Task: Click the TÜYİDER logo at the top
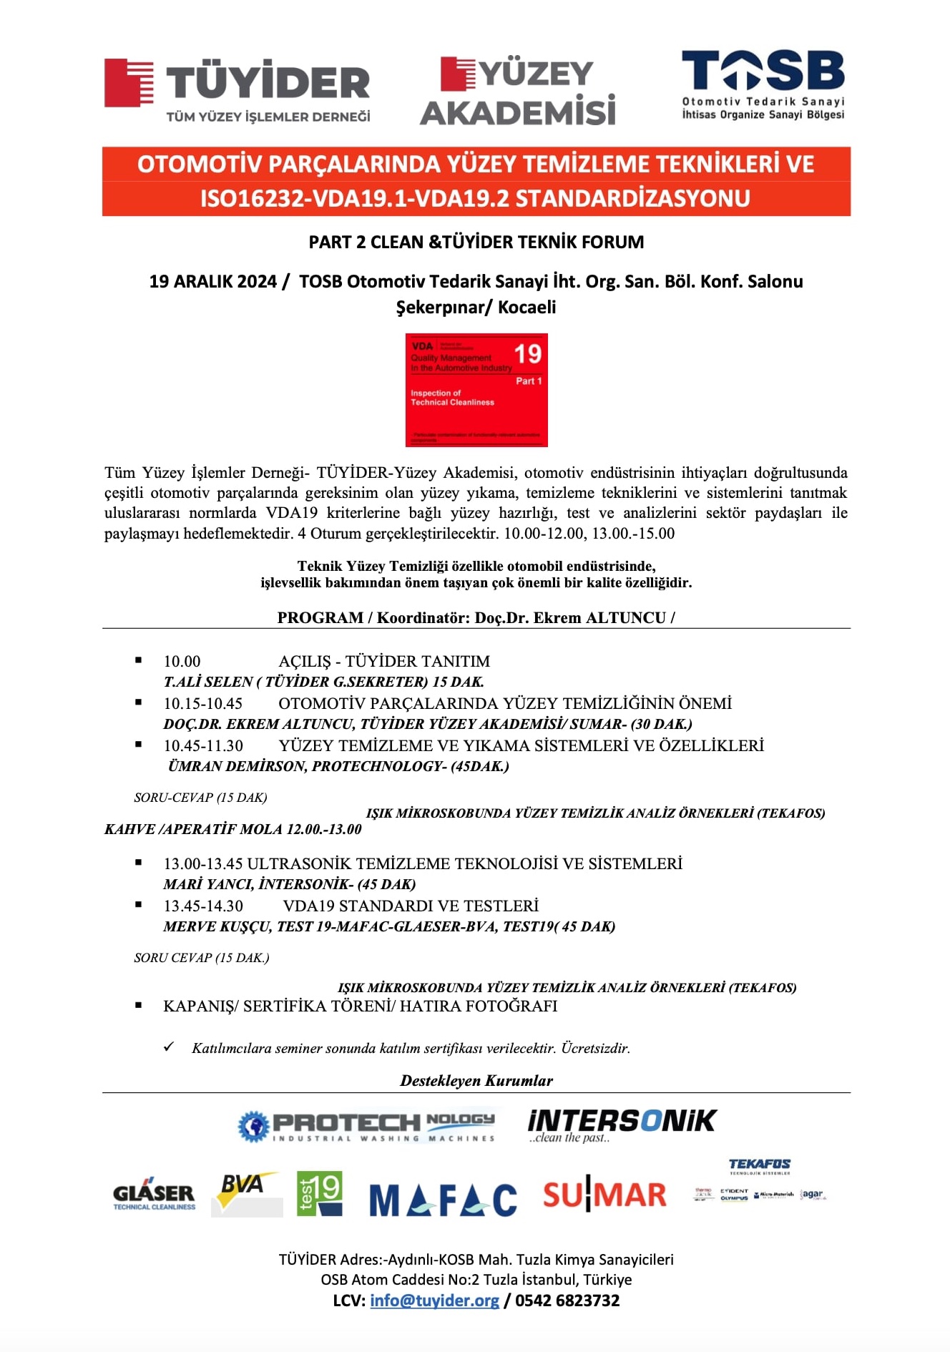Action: point(237,89)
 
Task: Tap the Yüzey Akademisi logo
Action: point(517,92)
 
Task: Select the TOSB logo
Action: point(763,84)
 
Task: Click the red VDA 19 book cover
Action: point(476,390)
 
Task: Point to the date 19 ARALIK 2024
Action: point(212,282)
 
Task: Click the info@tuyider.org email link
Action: point(434,1300)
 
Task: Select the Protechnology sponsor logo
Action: point(366,1126)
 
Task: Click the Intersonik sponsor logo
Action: point(621,1125)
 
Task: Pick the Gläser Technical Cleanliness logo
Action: point(154,1195)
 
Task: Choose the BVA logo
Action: point(246,1193)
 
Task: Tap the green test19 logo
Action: point(319,1193)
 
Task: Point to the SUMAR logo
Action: point(604,1195)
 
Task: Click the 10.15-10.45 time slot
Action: point(203,704)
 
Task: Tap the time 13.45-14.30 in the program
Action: point(203,906)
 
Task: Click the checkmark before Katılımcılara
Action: point(169,1047)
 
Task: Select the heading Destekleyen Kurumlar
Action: point(476,1080)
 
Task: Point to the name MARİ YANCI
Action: point(207,884)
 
